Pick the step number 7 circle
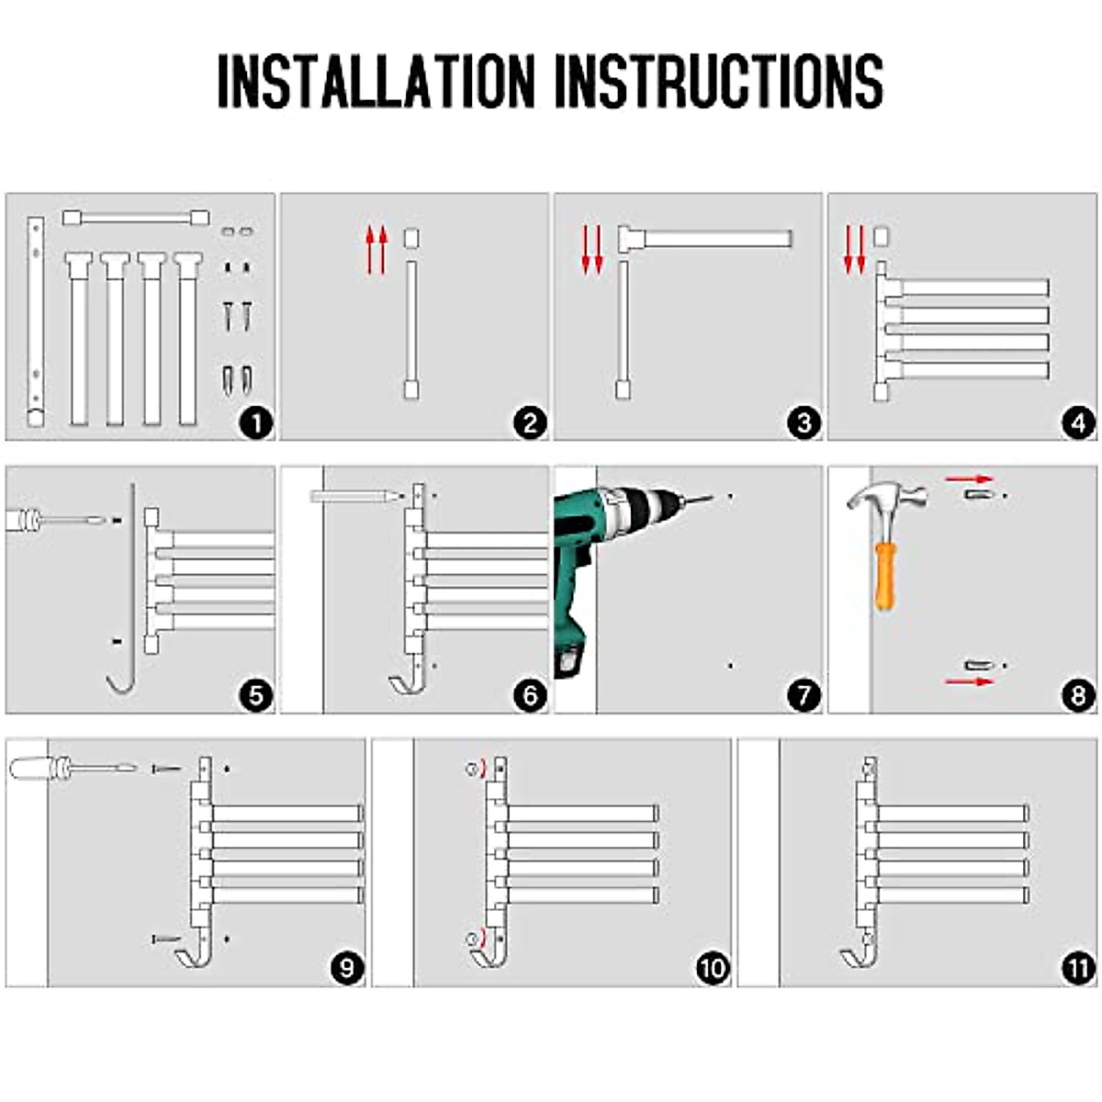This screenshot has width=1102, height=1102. click(804, 695)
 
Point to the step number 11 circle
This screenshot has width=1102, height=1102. click(1078, 968)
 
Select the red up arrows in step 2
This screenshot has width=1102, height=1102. click(377, 250)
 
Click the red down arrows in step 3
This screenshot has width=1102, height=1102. click(592, 250)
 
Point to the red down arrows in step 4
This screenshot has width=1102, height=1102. click(855, 250)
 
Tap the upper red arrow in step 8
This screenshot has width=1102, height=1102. click(970, 478)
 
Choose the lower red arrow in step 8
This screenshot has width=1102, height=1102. click(970, 681)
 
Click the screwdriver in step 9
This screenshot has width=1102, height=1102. click(73, 766)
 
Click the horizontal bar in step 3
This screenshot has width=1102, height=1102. click(707, 239)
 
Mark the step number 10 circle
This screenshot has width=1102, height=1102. click(712, 968)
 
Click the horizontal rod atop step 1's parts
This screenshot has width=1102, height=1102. click(135, 218)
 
